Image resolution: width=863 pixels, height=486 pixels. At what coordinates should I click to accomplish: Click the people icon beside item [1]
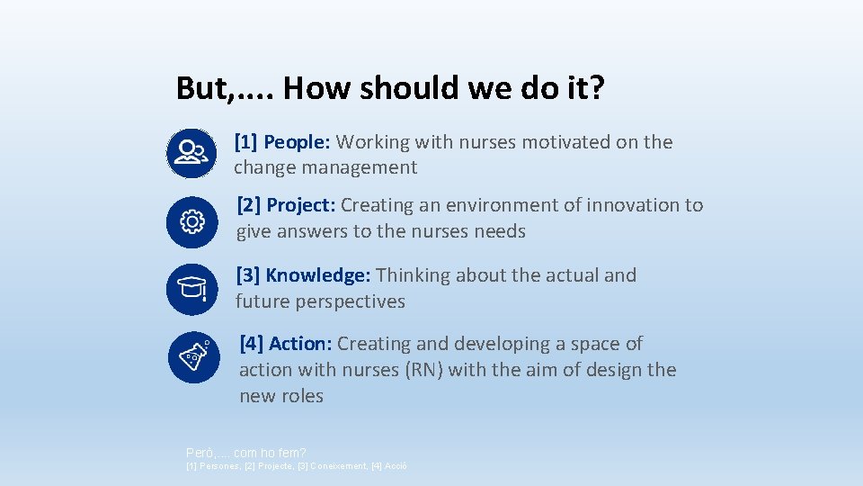coord(191,152)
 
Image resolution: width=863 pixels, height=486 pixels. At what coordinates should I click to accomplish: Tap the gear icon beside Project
coord(191,221)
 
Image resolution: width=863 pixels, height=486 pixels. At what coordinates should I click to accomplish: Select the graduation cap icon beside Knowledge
coord(191,289)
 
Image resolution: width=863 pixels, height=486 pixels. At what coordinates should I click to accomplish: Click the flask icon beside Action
coord(193,357)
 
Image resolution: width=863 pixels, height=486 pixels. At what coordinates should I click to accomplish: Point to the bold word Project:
coord(301,205)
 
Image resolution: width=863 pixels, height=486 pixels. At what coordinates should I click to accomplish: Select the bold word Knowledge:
coord(318,275)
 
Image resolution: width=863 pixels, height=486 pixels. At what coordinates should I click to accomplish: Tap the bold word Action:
coord(300,344)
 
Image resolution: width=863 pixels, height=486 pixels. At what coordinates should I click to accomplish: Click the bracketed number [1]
coord(245,142)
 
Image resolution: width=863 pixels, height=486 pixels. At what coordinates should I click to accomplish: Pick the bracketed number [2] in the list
coord(249,205)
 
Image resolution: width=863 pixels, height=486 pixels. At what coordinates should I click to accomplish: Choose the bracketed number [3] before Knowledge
coord(248,275)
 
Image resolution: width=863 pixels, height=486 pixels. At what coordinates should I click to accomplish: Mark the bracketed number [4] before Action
coord(252,344)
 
